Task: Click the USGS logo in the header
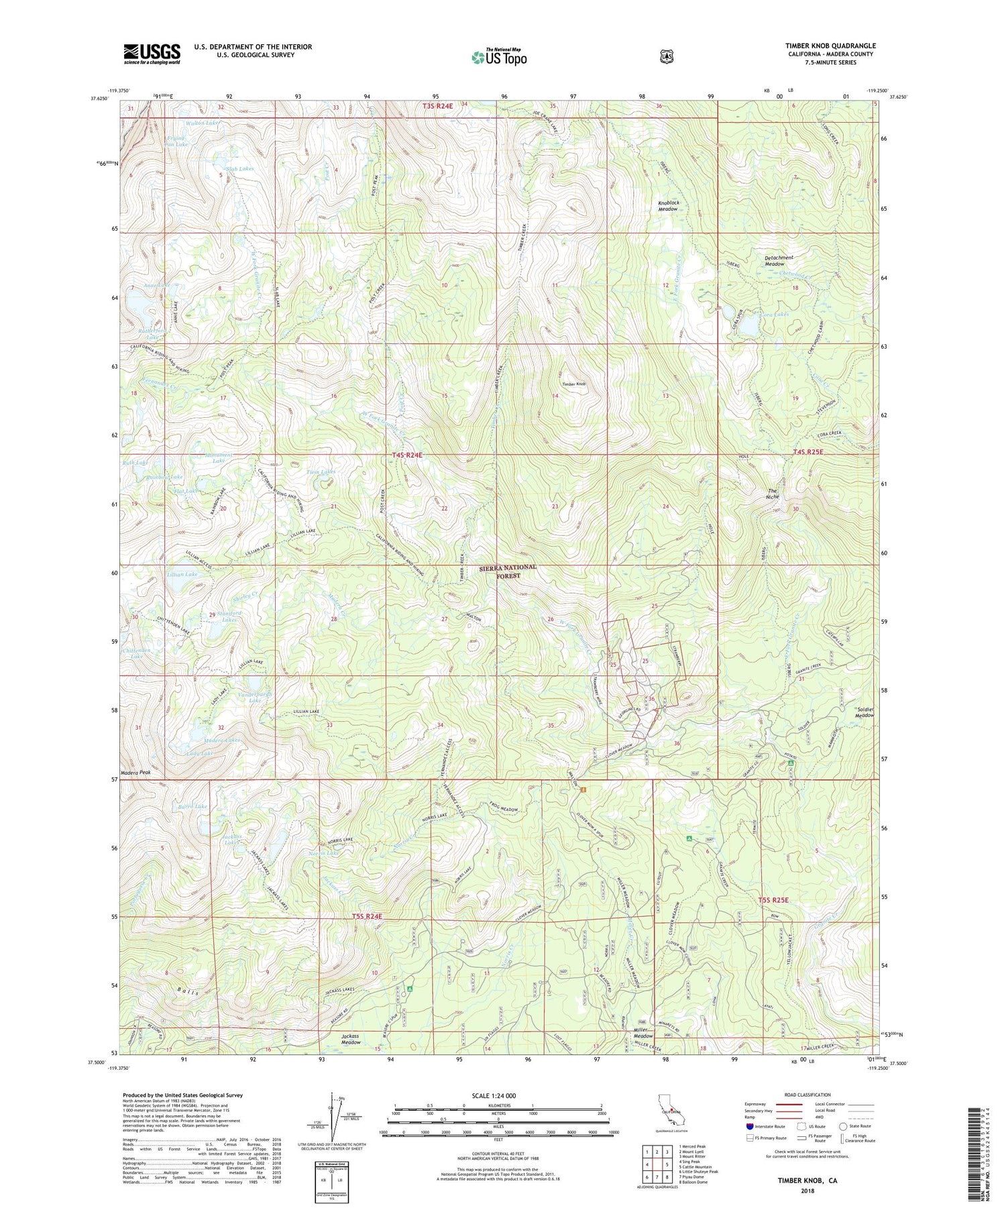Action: click(152, 54)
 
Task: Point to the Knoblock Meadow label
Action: click(677, 205)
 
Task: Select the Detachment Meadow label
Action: click(779, 260)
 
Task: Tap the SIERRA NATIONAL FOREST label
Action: click(508, 571)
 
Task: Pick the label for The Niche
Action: click(773, 494)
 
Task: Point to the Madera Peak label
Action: click(135, 773)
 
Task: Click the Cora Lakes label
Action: click(773, 314)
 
